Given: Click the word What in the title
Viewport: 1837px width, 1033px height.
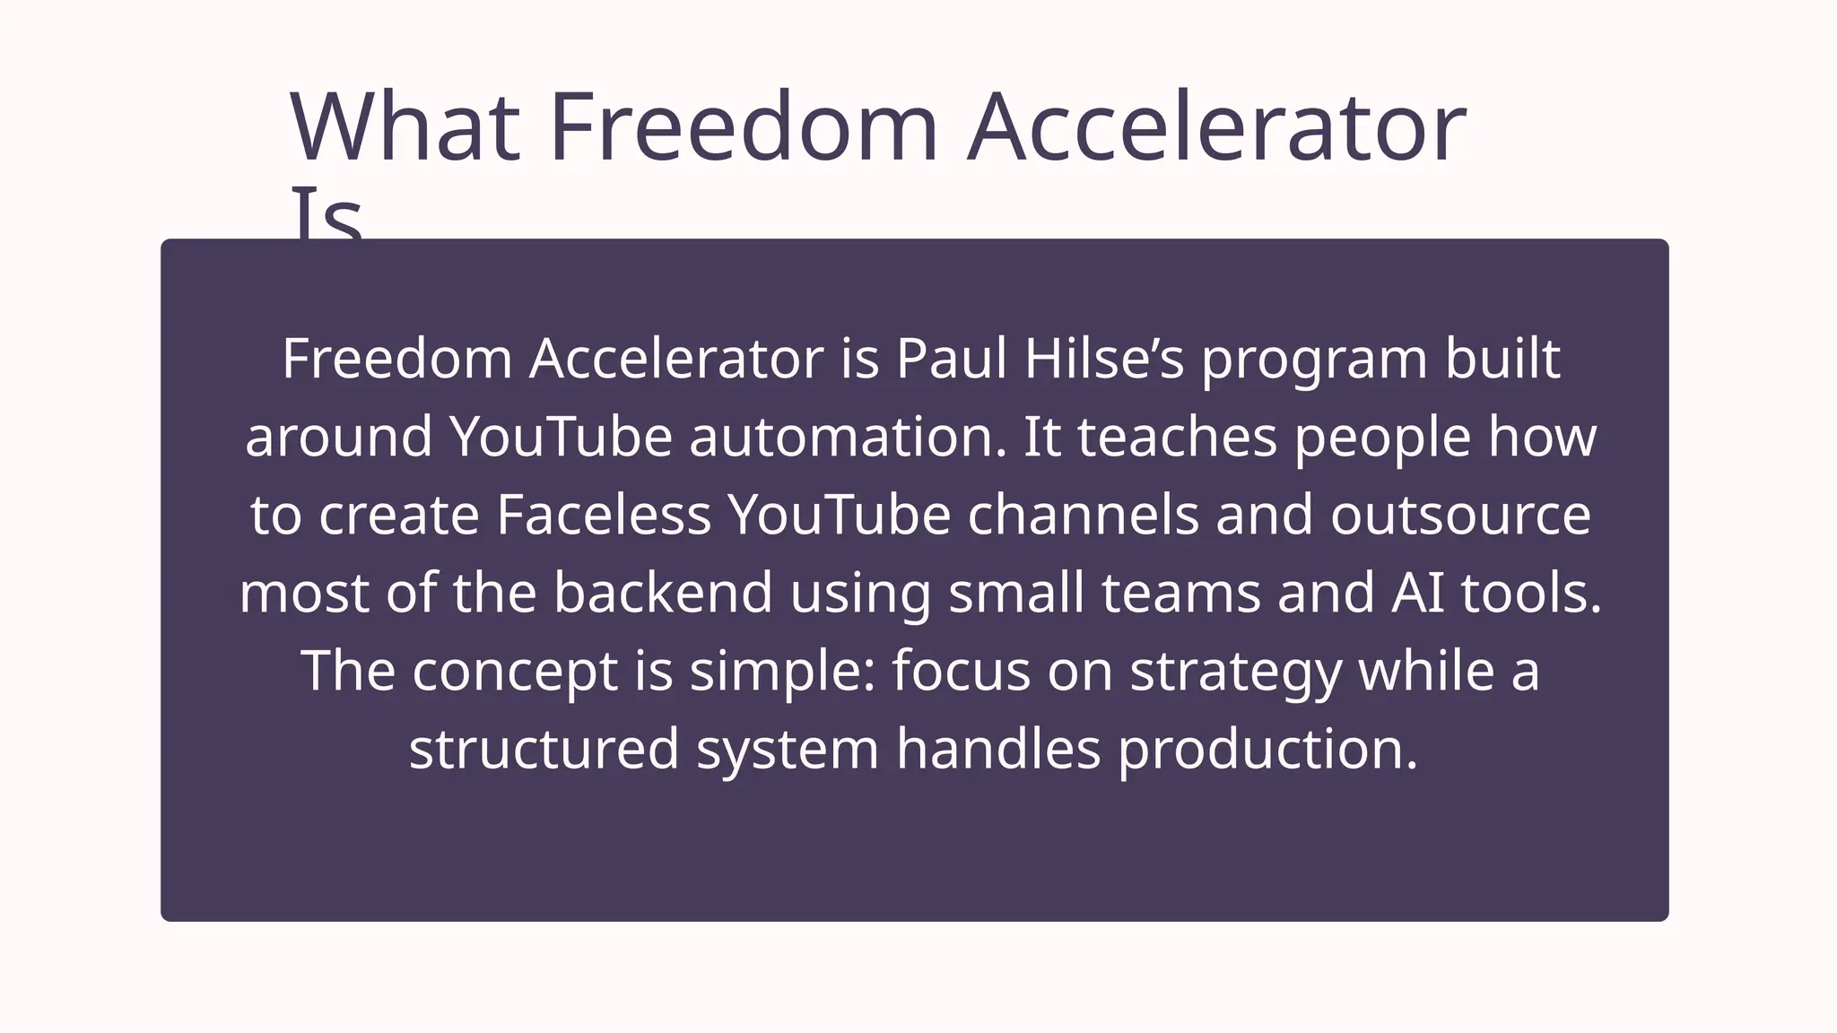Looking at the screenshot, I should tap(405, 127).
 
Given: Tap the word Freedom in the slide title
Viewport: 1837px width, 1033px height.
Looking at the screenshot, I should tap(744, 127).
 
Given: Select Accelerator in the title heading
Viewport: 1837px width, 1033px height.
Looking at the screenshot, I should tap(1216, 127).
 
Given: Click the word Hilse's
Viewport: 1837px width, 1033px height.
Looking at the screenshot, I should tap(1104, 359).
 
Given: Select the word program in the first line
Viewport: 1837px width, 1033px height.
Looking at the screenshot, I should tap(1313, 360).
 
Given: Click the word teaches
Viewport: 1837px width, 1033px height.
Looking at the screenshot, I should tap(1177, 437).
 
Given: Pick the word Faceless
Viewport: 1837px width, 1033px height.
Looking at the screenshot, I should tap(603, 515).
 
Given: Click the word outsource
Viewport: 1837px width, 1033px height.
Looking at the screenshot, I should tap(1460, 515).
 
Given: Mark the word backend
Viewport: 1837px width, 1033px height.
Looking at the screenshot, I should tap(662, 593).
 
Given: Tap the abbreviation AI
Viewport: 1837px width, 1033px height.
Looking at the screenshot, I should tap(1417, 593).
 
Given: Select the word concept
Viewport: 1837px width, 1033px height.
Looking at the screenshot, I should tap(515, 671).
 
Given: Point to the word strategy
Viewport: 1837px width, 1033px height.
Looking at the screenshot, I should tap(1235, 673).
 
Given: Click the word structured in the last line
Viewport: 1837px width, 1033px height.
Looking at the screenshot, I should tap(544, 749).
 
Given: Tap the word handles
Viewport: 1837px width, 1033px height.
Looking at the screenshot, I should tap(997, 749).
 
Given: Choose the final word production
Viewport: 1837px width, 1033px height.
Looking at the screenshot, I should tap(1267, 749).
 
